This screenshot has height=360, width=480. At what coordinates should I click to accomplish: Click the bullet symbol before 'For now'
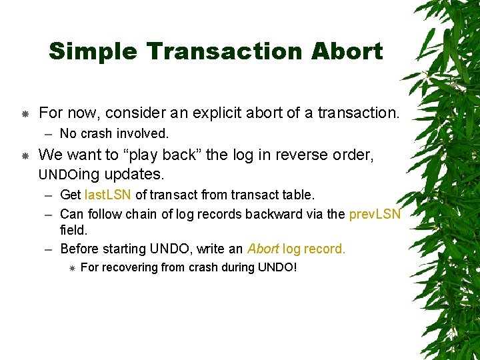click(x=25, y=114)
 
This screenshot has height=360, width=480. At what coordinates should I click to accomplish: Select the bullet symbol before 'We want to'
click(x=25, y=156)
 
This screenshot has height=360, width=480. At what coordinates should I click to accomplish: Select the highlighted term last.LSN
click(x=108, y=195)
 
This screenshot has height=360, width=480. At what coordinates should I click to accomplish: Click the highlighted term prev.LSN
click(x=375, y=214)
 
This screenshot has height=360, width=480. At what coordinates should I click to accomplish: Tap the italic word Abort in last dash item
click(x=263, y=249)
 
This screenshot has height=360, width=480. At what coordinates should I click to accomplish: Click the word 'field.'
click(x=73, y=230)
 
